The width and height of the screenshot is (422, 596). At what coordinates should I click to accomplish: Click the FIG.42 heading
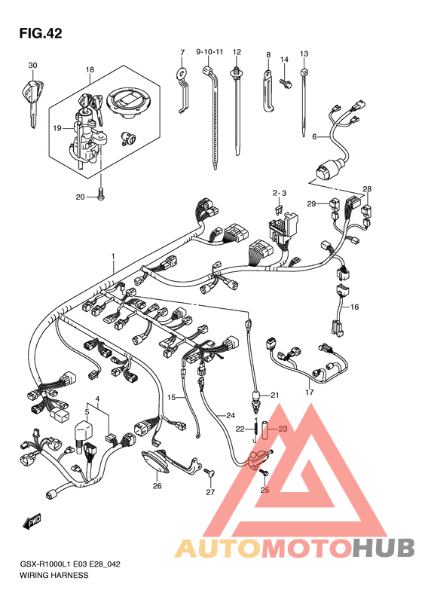(40, 33)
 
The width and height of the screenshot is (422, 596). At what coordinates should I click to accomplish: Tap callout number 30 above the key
(32, 66)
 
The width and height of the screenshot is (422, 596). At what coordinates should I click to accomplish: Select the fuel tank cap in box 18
(130, 102)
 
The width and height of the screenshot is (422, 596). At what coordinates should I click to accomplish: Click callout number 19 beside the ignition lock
(57, 129)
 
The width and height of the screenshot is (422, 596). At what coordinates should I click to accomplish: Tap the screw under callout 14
(285, 83)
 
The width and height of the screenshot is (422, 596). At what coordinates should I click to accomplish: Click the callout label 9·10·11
(209, 52)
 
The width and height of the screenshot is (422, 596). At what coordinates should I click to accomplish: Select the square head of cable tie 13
(304, 72)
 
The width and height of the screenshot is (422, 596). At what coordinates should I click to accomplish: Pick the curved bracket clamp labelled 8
(268, 90)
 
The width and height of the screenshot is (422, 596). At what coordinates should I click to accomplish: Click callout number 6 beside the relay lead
(314, 136)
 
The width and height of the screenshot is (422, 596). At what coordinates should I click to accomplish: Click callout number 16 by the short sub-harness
(354, 307)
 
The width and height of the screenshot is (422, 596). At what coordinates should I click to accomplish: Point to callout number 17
(310, 392)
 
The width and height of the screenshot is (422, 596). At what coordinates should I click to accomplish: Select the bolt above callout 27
(209, 473)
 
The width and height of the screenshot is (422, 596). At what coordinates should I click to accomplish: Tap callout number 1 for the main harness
(113, 257)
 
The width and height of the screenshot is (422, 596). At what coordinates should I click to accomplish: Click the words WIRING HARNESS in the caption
(54, 575)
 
